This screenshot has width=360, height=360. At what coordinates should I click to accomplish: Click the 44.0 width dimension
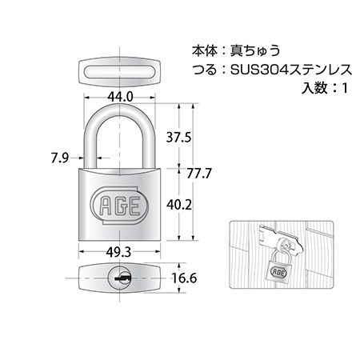[120, 97]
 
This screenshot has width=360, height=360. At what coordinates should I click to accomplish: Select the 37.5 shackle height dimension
[178, 138]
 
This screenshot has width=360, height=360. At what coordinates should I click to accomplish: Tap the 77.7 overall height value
[199, 174]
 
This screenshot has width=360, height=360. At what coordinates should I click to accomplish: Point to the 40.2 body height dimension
[179, 205]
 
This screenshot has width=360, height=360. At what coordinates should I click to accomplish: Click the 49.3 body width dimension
[118, 252]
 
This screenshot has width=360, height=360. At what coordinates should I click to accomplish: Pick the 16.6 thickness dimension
[184, 278]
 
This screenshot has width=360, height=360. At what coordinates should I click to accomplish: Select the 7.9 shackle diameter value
[60, 158]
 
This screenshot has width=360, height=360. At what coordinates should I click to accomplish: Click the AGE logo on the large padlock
[119, 206]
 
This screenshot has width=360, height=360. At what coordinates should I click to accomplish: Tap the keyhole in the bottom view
[119, 278]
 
